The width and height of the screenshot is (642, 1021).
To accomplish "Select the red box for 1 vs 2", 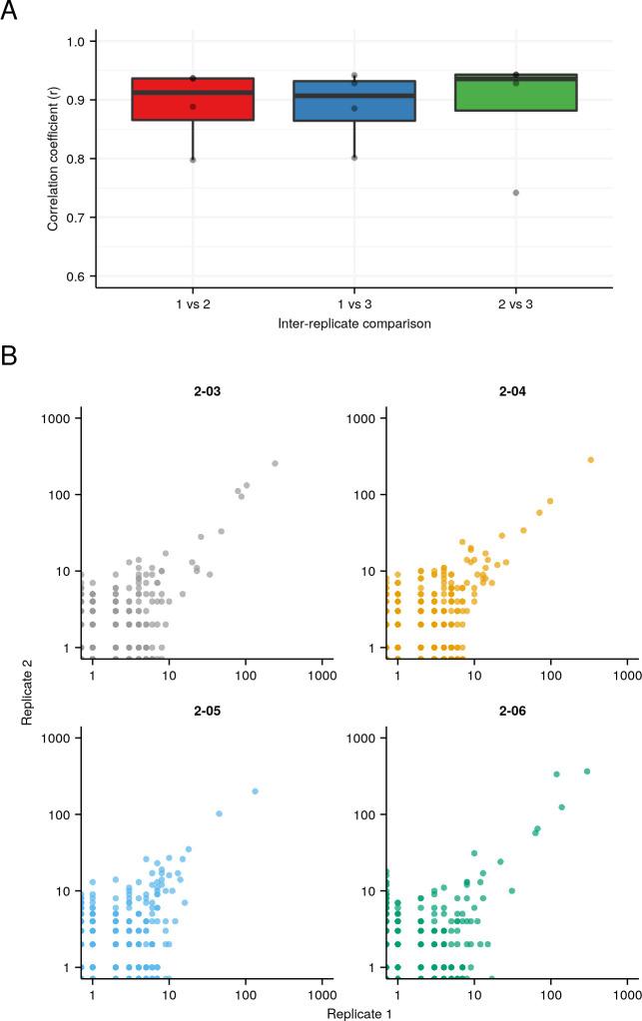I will [192, 99].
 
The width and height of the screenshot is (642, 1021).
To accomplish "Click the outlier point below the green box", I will [515, 193].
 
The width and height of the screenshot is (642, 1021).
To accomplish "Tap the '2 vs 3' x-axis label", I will [515, 302].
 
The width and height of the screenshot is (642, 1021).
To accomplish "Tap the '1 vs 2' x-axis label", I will [192, 302].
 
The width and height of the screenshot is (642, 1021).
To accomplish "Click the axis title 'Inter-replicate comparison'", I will [353, 323].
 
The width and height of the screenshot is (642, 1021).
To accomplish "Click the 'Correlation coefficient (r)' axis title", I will [52, 159].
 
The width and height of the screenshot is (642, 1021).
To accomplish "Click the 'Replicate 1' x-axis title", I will [353, 1012].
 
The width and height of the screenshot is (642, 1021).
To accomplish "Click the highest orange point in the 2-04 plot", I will [590, 460].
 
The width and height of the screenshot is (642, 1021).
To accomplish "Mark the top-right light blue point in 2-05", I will [255, 791].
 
